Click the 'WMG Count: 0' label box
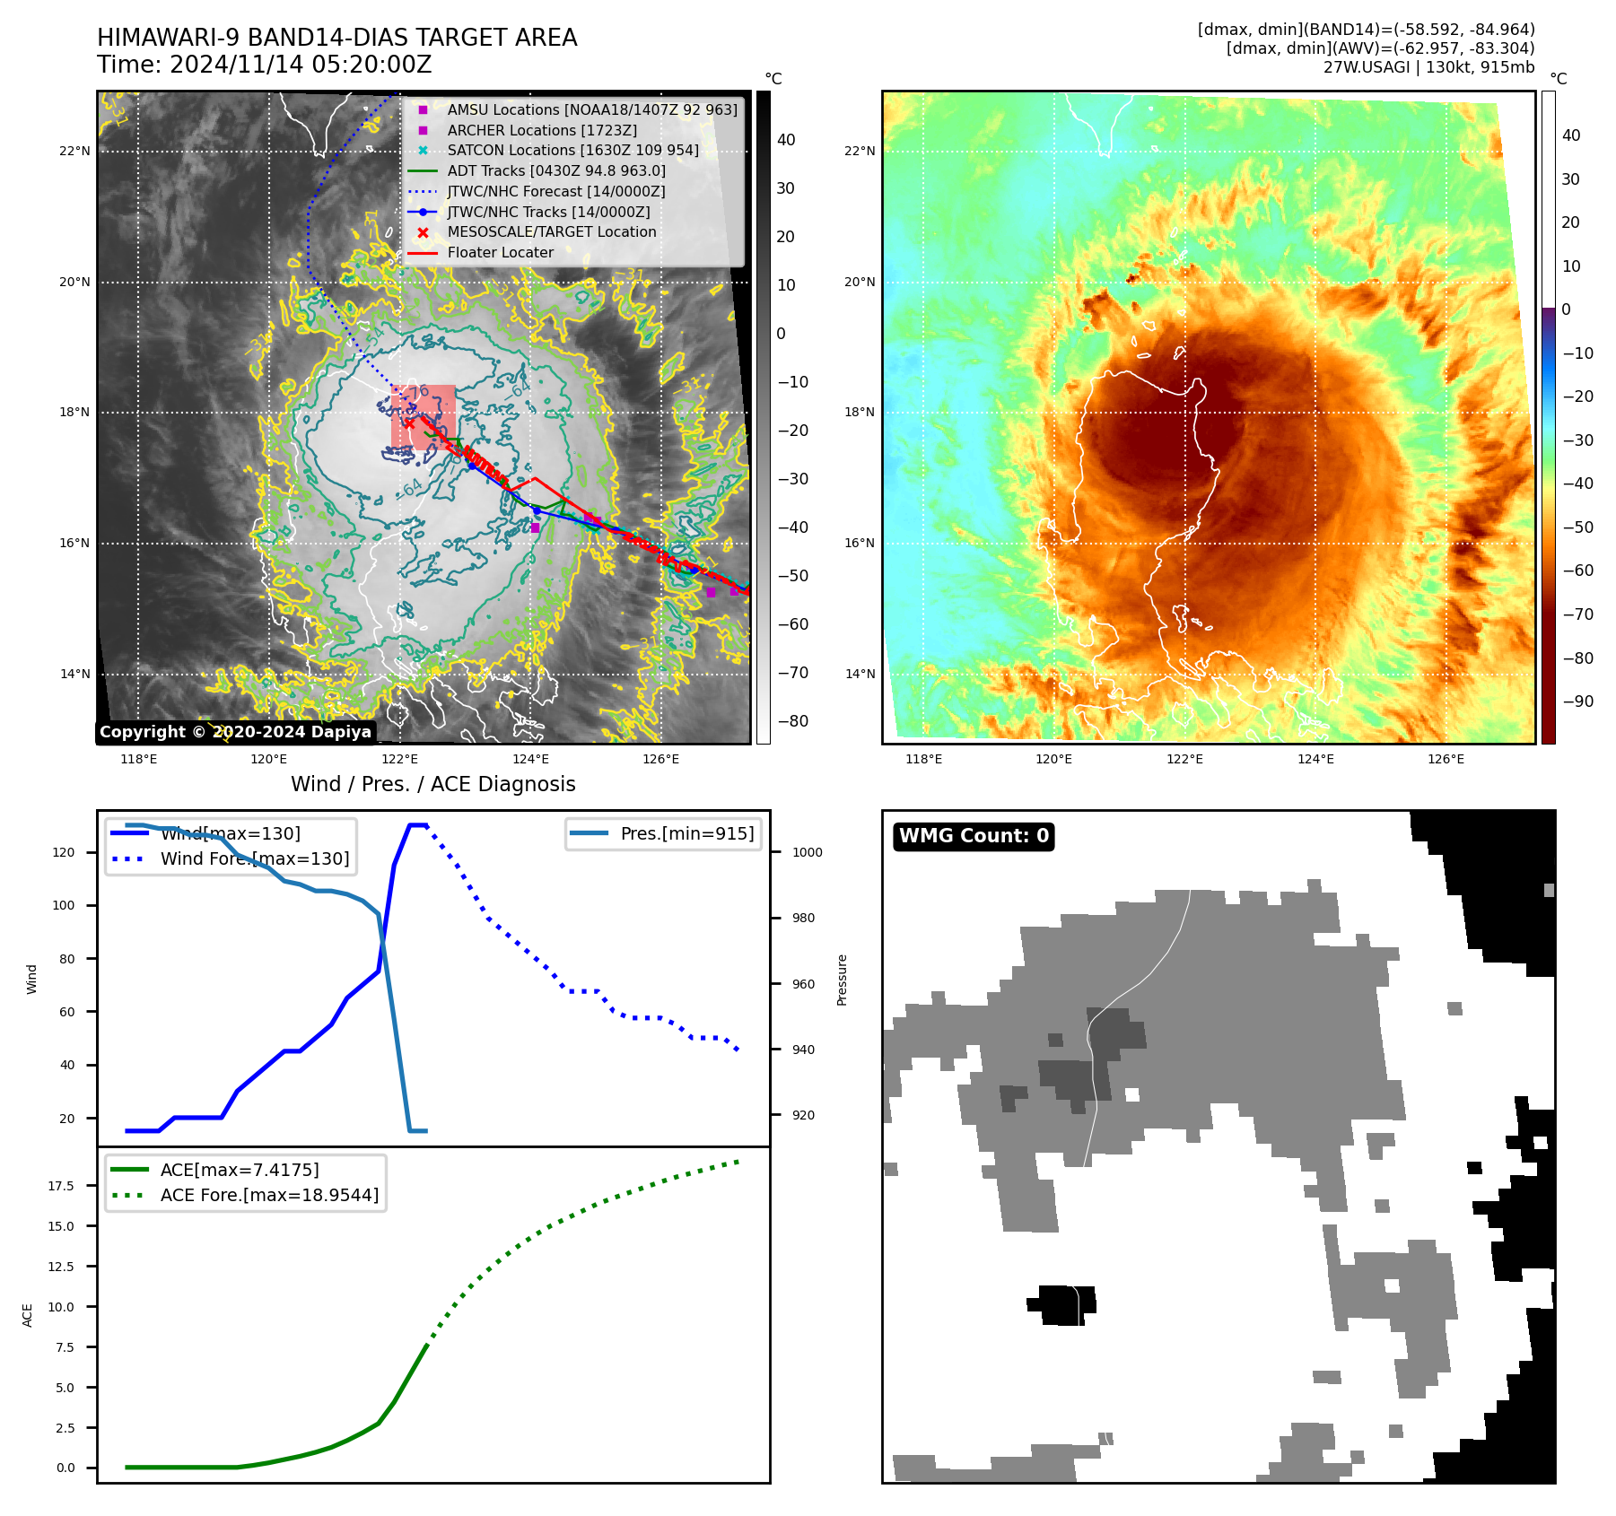click(974, 836)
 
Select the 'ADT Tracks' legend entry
click(556, 170)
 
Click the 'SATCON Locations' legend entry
click(572, 150)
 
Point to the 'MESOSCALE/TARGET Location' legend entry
click(551, 231)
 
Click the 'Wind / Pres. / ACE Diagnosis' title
click(433, 784)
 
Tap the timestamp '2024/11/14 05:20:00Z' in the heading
click(301, 65)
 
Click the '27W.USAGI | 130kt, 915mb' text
click(1428, 66)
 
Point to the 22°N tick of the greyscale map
click(75, 151)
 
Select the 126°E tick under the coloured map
click(1446, 759)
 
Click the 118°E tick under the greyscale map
click(139, 759)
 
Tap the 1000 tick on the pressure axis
click(807, 852)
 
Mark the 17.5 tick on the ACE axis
click(61, 1186)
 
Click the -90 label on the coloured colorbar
click(1577, 701)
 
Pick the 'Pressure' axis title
click(842, 980)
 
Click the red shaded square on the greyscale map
click(424, 417)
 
